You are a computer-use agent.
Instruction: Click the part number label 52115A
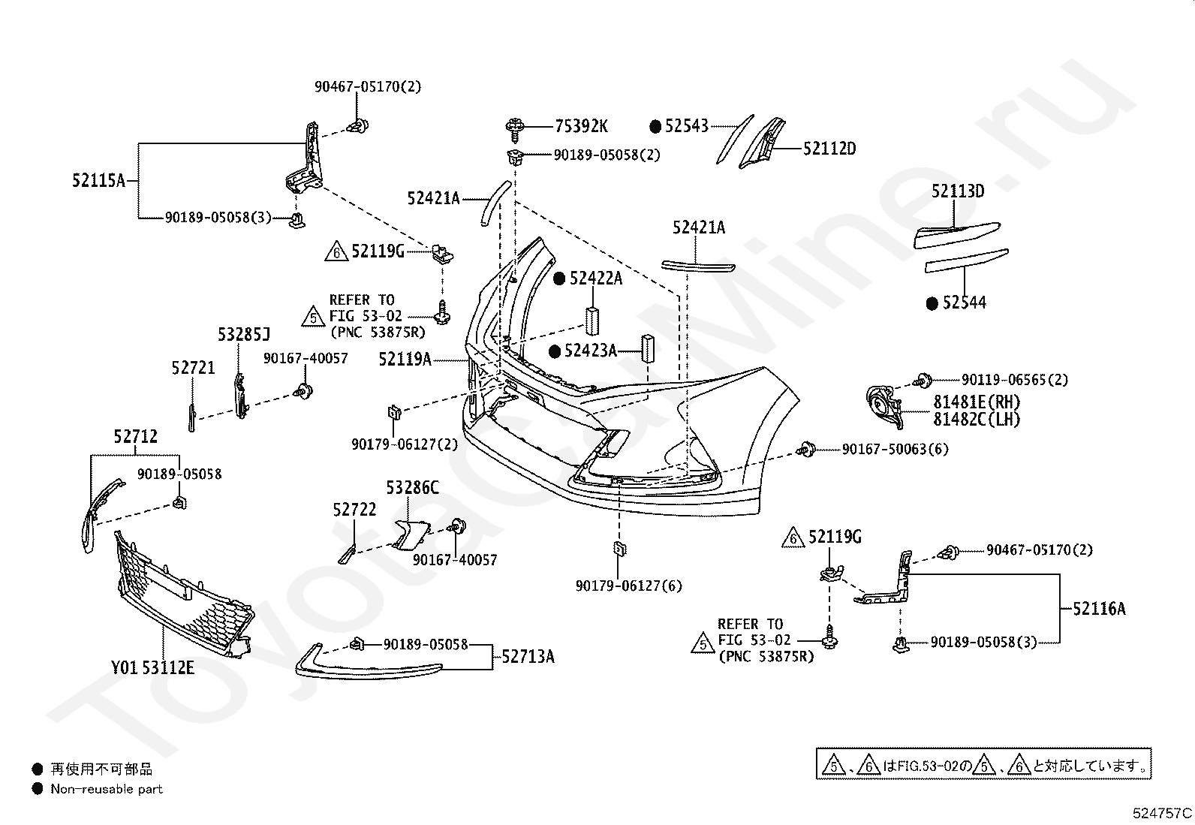[x=98, y=180]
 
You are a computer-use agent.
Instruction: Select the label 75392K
[x=581, y=126]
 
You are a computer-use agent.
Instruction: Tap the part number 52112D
[x=829, y=149]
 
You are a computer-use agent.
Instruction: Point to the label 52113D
[x=958, y=191]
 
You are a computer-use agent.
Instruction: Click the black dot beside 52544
[x=932, y=303]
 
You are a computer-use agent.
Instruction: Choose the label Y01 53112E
[x=152, y=667]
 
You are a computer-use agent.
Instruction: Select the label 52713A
[x=528, y=656]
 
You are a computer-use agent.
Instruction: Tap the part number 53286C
[x=412, y=487]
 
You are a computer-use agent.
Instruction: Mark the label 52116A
[x=1099, y=608]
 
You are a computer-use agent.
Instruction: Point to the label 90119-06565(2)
[x=1015, y=379]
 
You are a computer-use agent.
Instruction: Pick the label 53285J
[x=244, y=335]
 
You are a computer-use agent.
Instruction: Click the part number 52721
[x=193, y=368]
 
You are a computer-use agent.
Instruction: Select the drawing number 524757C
[x=1162, y=813]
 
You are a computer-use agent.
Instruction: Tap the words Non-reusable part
[x=106, y=789]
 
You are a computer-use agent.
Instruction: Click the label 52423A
[x=591, y=351]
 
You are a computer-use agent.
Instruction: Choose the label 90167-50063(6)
[x=895, y=450]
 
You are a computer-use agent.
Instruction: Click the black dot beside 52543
[x=655, y=126]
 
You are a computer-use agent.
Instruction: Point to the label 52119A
[x=405, y=359]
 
